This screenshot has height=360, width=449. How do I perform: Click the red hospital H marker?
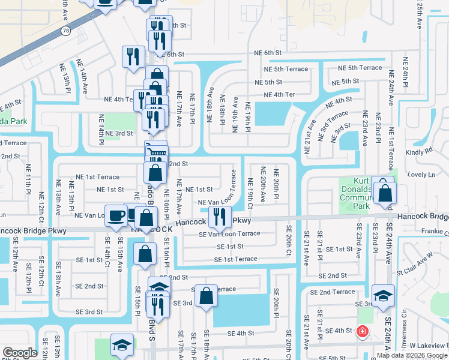click(362, 331)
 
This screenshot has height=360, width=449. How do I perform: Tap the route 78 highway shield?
click(65, 31)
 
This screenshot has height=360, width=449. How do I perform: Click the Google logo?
click(20, 353)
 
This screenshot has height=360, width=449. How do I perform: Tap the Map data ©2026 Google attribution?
click(411, 354)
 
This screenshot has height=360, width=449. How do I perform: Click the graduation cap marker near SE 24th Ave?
click(382, 295)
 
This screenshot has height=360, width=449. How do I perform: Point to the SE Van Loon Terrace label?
click(230, 234)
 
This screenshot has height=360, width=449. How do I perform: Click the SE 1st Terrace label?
click(236, 259)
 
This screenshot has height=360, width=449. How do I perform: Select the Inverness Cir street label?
click(402, 330)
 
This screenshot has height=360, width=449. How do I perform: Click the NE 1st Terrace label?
click(98, 177)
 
